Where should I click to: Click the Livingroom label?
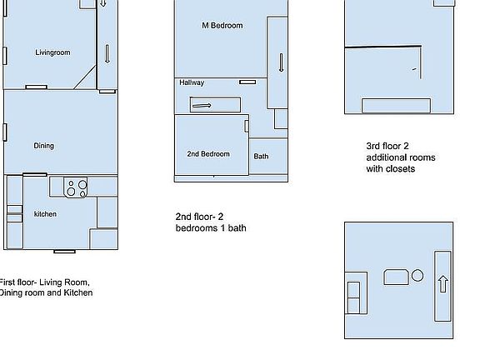coord(52,52)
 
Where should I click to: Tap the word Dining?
coord(43,146)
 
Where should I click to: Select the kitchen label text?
coord(45,214)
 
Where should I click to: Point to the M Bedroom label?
coord(222,26)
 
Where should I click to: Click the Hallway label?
coord(192,82)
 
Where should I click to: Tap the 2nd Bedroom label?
coord(207,154)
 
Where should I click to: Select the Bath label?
coord(261,157)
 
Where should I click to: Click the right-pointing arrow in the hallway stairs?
coord(202,105)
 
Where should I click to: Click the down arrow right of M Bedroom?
coord(282,63)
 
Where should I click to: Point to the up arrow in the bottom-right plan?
coord(442,282)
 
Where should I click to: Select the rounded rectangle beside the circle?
coord(395,277)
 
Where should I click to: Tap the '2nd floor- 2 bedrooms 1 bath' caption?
coord(210,222)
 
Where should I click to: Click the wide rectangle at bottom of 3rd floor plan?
coord(402,105)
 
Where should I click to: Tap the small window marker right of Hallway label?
coord(247,82)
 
